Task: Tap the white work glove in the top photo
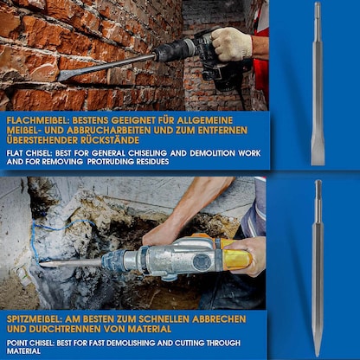tap(232, 43)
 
